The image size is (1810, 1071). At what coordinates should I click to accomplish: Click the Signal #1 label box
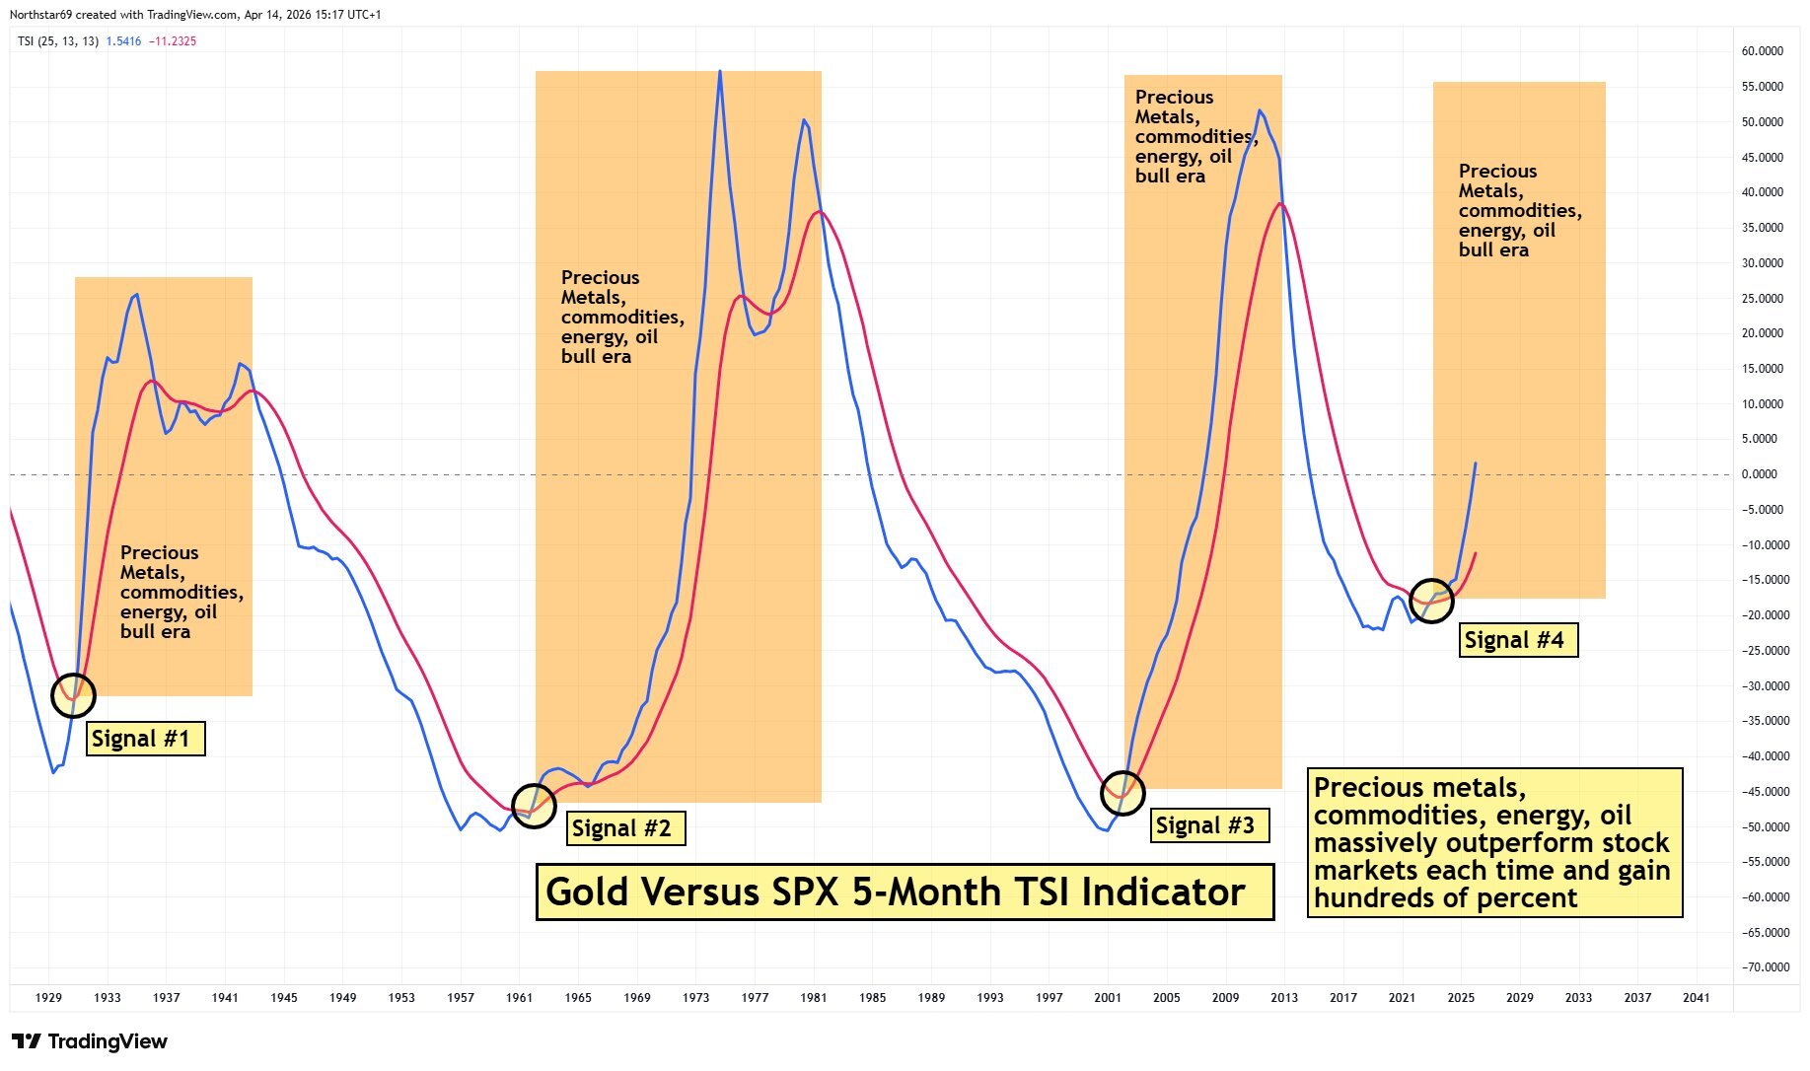pos(145,739)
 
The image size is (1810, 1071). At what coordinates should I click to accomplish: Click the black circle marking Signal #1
pos(73,695)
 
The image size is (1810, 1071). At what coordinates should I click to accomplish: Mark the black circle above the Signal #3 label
pos(1122,791)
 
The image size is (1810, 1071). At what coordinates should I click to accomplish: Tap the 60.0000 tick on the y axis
pos(1762,51)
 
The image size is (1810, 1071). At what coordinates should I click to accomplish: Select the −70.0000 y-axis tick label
pos(1762,967)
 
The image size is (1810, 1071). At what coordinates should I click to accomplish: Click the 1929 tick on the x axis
pos(48,998)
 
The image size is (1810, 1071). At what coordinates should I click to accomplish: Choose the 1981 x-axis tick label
pos(813,998)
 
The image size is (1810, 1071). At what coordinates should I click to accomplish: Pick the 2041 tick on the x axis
pos(1696,998)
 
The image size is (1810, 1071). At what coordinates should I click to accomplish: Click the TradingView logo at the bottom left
pos(90,1041)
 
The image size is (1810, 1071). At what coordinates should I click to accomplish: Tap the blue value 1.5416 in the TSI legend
pos(123,41)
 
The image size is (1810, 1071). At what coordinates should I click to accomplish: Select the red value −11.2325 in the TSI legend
pos(173,41)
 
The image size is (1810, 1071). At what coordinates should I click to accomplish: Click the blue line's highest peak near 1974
pos(720,72)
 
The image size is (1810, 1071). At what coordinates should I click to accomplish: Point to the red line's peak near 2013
pos(1280,203)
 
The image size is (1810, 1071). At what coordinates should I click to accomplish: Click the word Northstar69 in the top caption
pos(36,15)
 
